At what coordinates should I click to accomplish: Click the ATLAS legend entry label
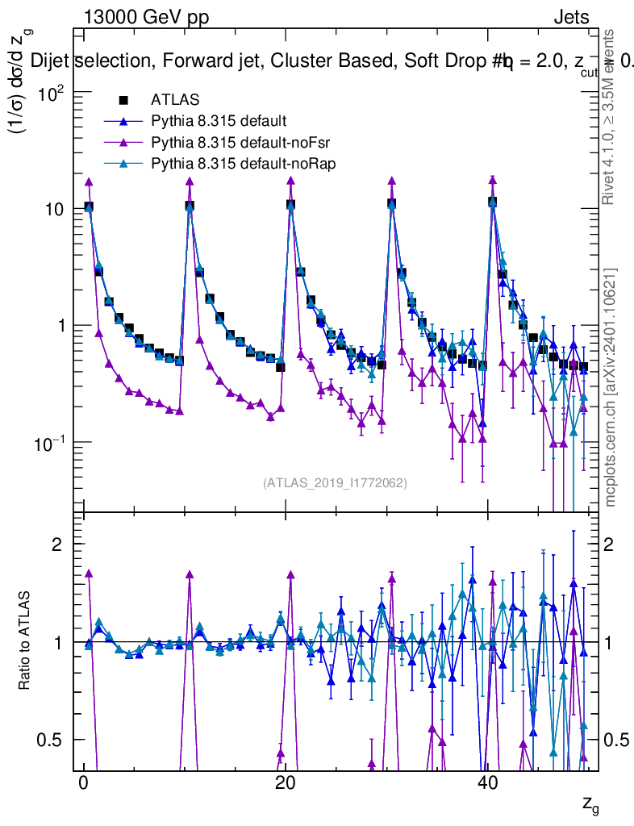(x=172, y=101)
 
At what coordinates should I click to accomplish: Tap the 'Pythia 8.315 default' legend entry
(x=219, y=122)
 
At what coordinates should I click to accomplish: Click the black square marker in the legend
(x=123, y=101)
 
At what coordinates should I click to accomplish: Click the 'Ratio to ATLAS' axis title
(x=26, y=641)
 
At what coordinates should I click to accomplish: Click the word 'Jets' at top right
(x=570, y=18)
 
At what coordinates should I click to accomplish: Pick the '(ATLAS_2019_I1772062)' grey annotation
(x=335, y=483)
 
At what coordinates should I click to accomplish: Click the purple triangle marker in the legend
(x=123, y=143)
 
